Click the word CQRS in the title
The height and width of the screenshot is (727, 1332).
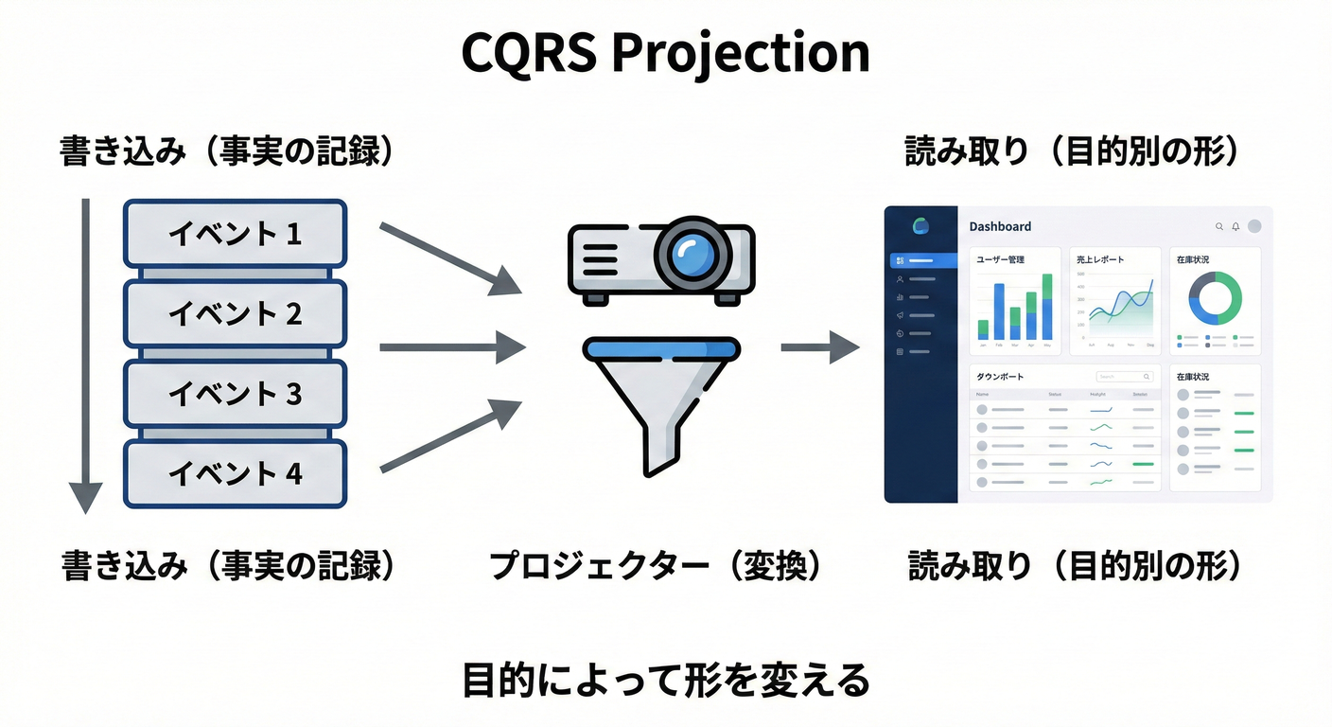point(528,54)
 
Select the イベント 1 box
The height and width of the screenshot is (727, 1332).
point(235,233)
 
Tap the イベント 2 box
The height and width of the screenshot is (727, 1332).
point(235,313)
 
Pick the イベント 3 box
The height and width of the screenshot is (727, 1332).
point(235,394)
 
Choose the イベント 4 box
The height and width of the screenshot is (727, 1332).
point(235,473)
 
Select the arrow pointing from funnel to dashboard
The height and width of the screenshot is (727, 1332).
point(818,347)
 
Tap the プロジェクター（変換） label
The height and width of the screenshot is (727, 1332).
point(656,566)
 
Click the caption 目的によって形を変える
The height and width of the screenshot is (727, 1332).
point(665,681)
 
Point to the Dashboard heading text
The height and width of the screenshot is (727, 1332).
point(1000,226)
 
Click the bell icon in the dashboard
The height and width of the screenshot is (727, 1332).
point(1236,226)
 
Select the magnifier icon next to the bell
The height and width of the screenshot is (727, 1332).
point(1219,226)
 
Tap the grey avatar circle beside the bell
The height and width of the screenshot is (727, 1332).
point(1254,226)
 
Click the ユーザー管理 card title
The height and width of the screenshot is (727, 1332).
point(1000,259)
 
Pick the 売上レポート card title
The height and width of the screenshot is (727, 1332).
point(1101,259)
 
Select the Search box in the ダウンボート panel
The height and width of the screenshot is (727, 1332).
point(1124,377)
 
